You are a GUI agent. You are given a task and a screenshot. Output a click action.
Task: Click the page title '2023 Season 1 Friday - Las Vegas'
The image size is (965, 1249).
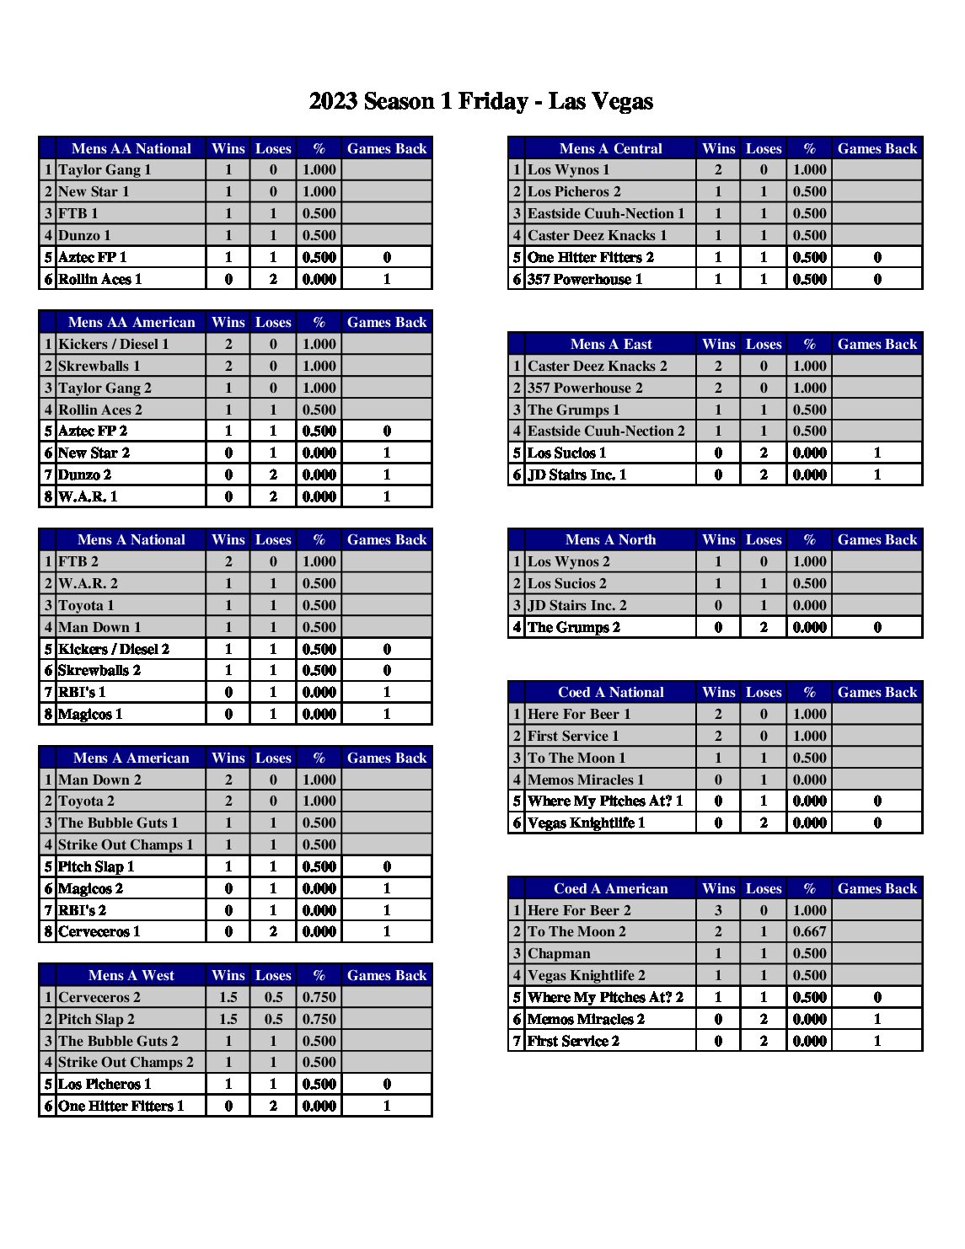[480, 102]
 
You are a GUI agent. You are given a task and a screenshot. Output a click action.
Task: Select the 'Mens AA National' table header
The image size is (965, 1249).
[131, 148]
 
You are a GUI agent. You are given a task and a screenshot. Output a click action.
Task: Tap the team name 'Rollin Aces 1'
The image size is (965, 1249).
[99, 279]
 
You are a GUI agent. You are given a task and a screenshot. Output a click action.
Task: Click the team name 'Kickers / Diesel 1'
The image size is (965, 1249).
[113, 344]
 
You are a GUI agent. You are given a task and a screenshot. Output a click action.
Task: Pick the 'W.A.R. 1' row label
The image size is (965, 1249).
[88, 496]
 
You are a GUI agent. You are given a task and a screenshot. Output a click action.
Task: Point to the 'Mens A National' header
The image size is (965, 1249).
[131, 539]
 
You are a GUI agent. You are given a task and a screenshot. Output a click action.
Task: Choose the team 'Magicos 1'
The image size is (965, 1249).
[90, 714]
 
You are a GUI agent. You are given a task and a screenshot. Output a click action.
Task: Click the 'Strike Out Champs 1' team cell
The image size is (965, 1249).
[126, 844]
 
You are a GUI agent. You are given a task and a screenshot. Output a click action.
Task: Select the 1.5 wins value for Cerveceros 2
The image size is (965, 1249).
[228, 997]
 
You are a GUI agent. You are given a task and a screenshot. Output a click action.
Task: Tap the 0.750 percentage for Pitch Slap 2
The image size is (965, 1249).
[319, 1019]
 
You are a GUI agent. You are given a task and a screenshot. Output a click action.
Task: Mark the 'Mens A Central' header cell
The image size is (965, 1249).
[610, 148]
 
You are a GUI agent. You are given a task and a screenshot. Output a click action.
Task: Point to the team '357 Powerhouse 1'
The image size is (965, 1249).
[585, 279]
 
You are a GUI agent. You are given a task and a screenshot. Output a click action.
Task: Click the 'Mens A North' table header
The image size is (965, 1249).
[610, 539]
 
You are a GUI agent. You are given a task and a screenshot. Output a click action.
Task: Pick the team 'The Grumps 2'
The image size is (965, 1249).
[573, 627]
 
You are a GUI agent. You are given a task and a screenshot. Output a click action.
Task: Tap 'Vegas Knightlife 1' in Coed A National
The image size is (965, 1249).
[586, 823]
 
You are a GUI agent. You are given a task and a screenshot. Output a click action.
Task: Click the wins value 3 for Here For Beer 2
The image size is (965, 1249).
[718, 910]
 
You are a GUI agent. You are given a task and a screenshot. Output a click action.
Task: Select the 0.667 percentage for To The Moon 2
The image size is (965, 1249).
[809, 931]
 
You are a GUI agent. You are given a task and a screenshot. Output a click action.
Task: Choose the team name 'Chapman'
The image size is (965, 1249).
[559, 953]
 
